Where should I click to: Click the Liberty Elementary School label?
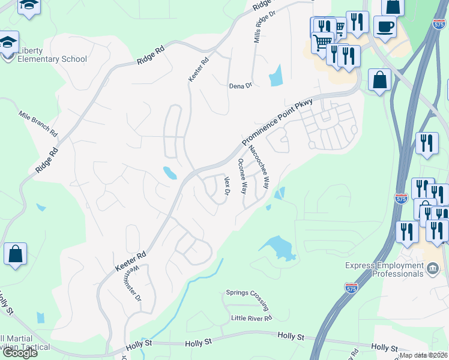52,55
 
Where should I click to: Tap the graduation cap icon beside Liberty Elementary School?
8,43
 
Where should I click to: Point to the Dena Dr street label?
240,86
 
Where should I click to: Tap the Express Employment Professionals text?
384,269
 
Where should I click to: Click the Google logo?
19,353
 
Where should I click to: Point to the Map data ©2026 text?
423,355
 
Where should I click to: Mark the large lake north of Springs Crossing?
278,247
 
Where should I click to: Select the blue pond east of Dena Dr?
276,76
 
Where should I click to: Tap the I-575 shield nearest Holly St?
352,289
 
